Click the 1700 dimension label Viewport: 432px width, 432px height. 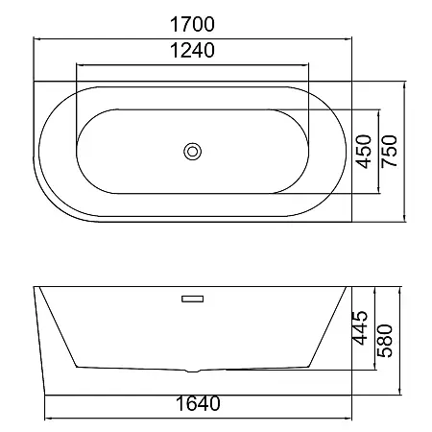[192, 24]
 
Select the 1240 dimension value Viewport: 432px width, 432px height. [192, 51]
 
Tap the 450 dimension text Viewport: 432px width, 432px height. [364, 152]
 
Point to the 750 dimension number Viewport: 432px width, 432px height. [390, 152]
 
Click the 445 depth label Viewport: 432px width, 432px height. [360, 327]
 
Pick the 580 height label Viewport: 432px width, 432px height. [385, 341]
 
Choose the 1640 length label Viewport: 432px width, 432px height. [198, 403]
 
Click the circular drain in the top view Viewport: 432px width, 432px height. [192, 152]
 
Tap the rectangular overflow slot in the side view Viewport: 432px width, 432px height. [192, 299]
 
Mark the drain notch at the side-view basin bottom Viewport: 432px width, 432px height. [192, 371]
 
